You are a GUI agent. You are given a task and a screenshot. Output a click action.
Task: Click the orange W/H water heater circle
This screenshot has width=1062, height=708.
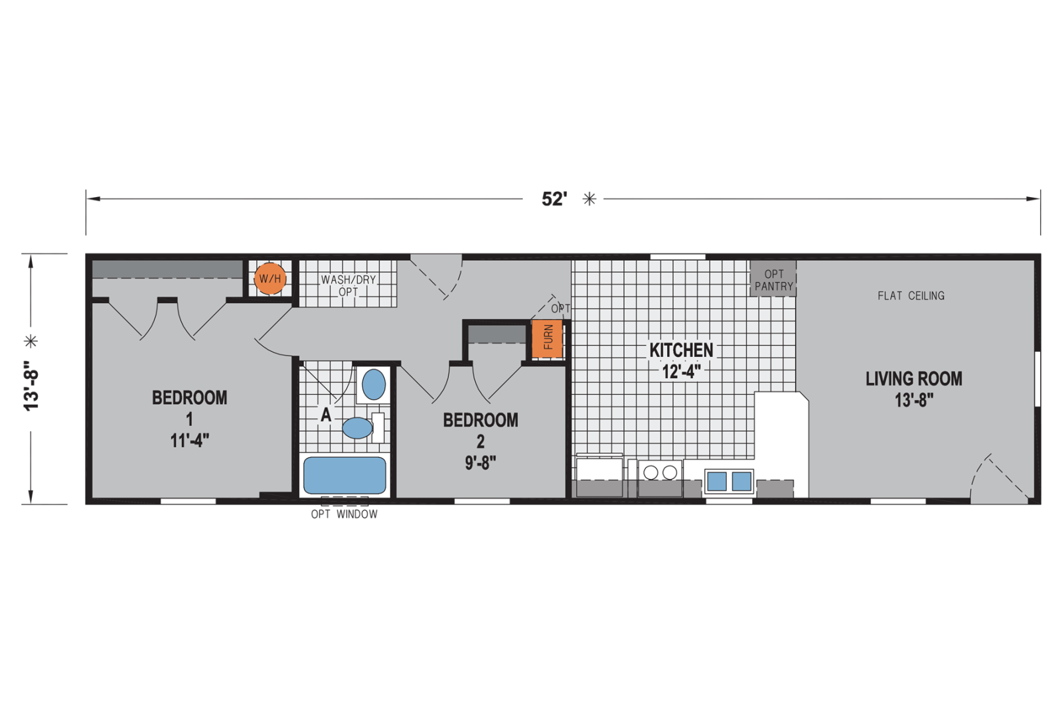click(x=270, y=279)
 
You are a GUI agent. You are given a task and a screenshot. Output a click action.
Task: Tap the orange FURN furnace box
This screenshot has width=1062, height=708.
click(x=548, y=338)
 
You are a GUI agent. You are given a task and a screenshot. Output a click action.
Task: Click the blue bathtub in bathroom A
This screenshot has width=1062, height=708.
click(x=344, y=475)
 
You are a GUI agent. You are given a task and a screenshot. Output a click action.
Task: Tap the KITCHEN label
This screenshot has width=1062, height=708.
click(x=681, y=350)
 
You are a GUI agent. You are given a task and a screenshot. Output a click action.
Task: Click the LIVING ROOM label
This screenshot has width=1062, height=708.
click(x=913, y=379)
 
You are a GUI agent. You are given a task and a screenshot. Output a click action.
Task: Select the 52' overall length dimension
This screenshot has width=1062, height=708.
click(x=554, y=199)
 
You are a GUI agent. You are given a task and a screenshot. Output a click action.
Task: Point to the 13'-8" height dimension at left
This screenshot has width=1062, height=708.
click(x=31, y=386)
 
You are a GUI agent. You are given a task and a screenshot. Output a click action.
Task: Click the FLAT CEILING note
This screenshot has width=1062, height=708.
click(x=911, y=296)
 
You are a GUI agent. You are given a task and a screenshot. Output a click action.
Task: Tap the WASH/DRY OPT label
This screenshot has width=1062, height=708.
click(x=348, y=285)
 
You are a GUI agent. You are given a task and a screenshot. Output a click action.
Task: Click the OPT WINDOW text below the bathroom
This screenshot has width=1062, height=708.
click(x=344, y=514)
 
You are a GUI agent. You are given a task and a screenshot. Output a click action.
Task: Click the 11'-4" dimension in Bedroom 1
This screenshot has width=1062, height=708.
click(x=190, y=440)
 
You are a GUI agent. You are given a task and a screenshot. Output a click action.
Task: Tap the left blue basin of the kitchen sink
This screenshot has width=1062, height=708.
click(x=716, y=481)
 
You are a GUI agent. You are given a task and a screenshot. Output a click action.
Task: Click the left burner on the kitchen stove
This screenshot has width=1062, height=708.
click(x=650, y=472)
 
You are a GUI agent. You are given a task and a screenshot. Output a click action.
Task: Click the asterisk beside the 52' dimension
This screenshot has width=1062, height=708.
click(x=589, y=199)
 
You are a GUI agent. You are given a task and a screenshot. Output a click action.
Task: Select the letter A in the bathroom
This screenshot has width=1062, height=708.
click(x=326, y=415)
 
